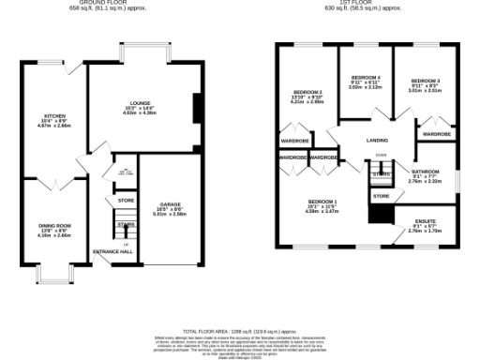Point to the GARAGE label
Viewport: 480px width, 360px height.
point(170,203)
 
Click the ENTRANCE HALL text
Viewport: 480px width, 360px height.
point(112,252)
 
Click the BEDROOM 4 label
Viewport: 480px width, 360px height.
point(366,76)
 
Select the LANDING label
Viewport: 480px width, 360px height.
point(380,141)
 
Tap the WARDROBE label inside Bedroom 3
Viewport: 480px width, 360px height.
point(437,134)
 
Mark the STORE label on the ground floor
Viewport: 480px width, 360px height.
point(126,200)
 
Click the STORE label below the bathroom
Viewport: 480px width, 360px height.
point(381,196)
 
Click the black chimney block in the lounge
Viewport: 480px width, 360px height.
point(196,109)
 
